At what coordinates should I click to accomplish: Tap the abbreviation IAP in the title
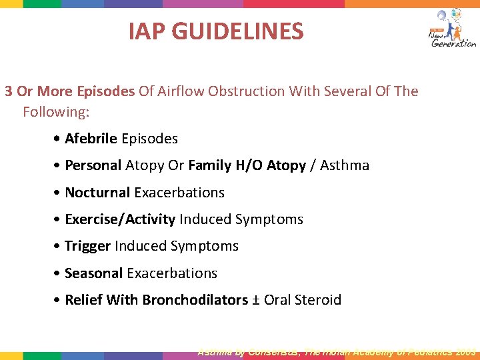coord(144,31)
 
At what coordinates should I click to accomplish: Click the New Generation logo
coord(452,29)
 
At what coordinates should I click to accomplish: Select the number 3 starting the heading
coord(9,91)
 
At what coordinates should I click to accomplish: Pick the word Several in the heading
coord(348,91)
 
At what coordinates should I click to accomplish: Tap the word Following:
coord(56,112)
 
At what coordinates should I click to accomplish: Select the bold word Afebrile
coord(91,139)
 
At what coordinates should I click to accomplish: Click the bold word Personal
coord(93,165)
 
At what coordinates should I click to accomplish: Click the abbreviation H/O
coord(251,165)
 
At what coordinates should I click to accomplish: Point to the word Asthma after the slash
coord(345,165)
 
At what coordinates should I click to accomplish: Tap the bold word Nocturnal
coord(97,193)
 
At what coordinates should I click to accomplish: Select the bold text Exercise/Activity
coord(120,219)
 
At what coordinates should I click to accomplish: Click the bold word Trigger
coord(87,246)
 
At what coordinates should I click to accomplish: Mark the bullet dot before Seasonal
coord(59,273)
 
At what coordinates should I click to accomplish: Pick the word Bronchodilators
coord(195,300)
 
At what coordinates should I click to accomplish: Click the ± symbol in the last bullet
coord(256,300)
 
